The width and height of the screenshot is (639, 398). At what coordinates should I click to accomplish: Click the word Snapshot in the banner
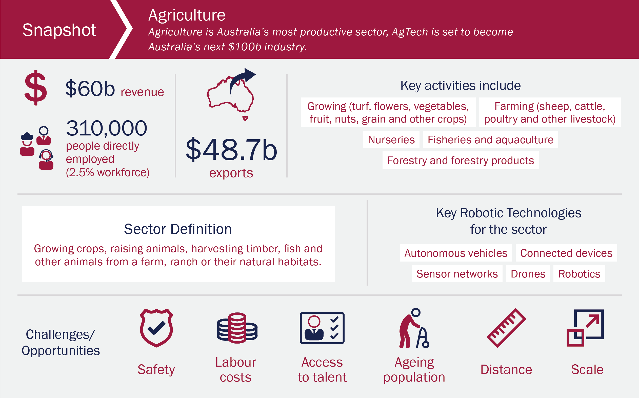59,30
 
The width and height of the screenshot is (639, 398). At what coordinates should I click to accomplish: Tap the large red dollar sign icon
35,88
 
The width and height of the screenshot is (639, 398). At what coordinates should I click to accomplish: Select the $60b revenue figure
90,89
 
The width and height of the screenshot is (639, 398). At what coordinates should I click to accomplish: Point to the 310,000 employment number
106,128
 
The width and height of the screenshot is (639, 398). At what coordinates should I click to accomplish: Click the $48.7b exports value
231,150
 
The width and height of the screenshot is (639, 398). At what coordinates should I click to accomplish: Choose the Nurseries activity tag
391,140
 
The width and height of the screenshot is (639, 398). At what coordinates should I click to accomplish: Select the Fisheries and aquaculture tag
490,140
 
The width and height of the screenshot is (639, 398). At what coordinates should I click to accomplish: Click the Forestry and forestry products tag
461,160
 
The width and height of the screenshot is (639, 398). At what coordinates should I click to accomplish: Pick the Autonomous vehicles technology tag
456,253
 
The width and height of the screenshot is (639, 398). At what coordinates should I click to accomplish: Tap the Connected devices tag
566,253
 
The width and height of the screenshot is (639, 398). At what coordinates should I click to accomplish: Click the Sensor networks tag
457,274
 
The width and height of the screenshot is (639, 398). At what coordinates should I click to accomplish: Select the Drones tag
528,274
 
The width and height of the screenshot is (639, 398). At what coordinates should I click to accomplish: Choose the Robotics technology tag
579,274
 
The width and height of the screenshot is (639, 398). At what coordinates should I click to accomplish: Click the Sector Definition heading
178,229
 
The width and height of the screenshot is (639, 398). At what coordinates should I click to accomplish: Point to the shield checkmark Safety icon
156,328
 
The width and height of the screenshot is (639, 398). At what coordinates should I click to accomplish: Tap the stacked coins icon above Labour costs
237,328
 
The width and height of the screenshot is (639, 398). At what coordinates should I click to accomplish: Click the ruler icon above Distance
506,328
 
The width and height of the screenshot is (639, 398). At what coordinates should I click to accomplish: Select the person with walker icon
414,328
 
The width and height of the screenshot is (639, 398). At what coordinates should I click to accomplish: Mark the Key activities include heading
461,86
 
